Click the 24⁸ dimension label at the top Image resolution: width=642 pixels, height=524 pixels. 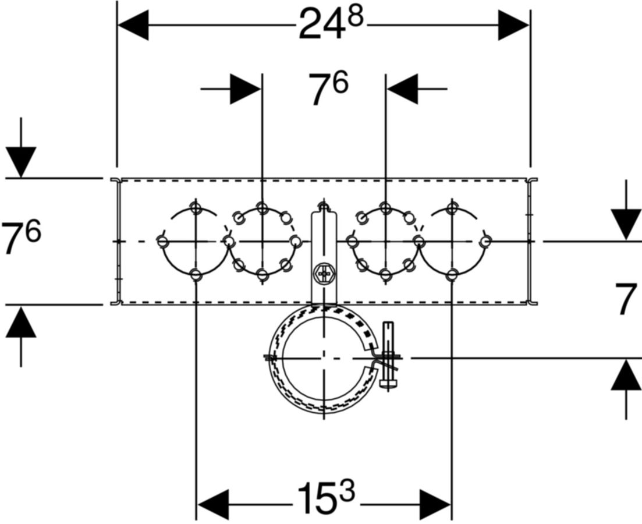(x=331, y=24)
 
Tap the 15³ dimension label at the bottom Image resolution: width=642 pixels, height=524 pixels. (x=326, y=497)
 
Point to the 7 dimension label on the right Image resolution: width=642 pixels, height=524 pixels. (x=626, y=299)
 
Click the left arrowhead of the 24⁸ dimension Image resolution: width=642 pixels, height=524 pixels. (x=133, y=26)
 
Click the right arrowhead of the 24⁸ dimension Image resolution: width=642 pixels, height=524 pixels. (x=513, y=26)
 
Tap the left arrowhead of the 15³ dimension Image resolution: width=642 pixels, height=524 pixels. (x=213, y=504)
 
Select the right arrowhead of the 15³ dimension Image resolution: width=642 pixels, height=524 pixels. (x=435, y=504)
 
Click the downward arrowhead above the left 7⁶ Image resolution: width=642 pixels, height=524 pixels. (x=21, y=162)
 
